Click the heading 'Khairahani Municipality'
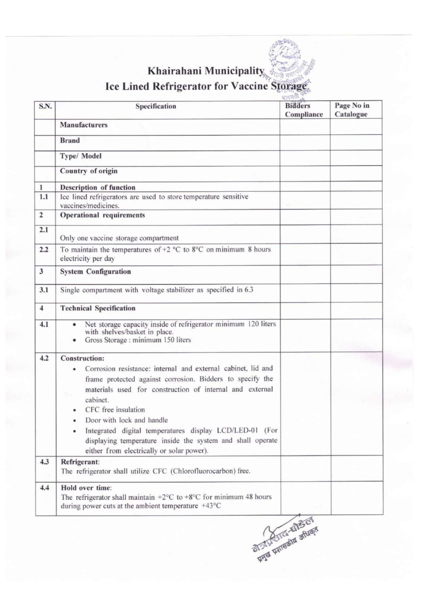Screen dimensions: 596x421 [x=206, y=71]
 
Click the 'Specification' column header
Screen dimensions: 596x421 [x=156, y=107]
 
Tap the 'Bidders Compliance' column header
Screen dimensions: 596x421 [x=304, y=110]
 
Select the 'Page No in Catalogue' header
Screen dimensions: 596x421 [x=352, y=110]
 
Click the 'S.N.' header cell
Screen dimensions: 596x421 [x=45, y=107]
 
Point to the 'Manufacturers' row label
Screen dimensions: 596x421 [x=84, y=125]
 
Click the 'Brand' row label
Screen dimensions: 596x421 [x=70, y=141]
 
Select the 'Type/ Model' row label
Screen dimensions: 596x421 [x=81, y=156]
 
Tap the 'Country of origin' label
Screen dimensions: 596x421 [x=89, y=171]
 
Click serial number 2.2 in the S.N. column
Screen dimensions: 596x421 [x=44, y=250]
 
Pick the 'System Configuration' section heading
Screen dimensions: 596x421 [x=95, y=272]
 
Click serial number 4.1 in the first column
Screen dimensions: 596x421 [x=44, y=324]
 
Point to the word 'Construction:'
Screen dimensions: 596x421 [x=82, y=358]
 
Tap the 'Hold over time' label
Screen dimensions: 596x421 [x=86, y=488]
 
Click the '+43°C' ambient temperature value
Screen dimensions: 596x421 [x=211, y=506]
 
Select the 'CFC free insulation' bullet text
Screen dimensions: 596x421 [x=115, y=410]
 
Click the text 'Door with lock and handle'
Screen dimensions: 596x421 [x=126, y=420]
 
